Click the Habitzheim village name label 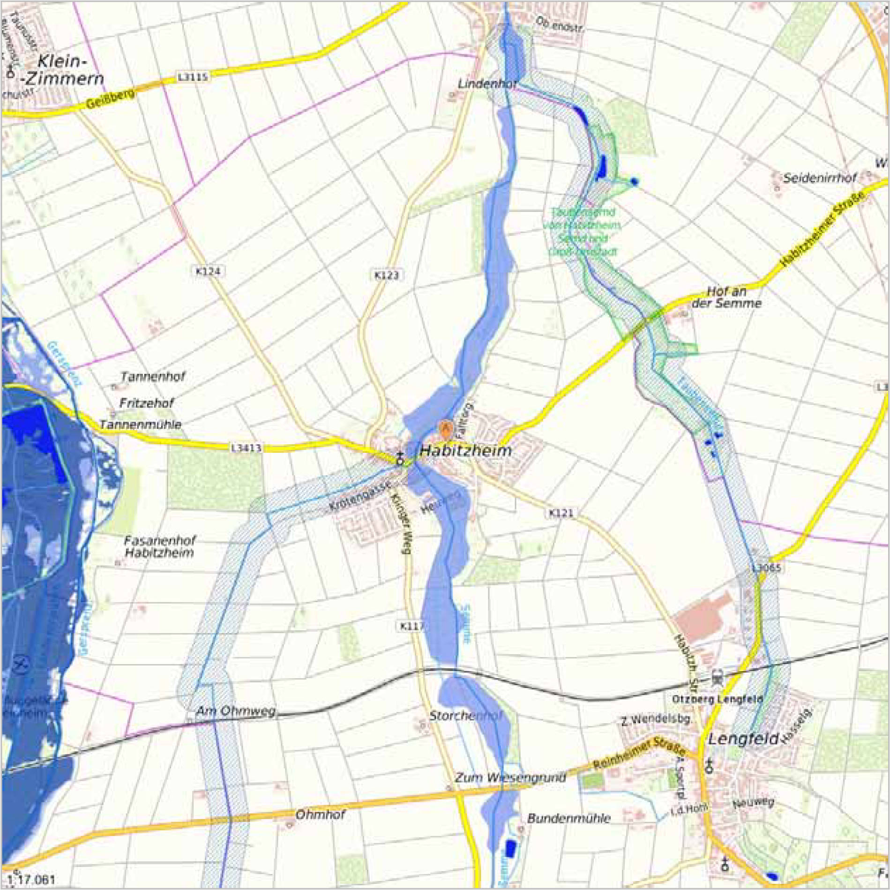click(x=465, y=451)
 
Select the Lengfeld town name click(x=743, y=739)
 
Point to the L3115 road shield click(x=193, y=77)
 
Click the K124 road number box click(x=208, y=271)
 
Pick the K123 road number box click(x=387, y=275)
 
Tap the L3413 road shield click(x=246, y=448)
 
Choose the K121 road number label click(x=561, y=513)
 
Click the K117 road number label click(x=412, y=626)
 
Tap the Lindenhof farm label click(x=487, y=84)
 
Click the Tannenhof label click(x=153, y=376)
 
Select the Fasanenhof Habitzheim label click(x=159, y=546)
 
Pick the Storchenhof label click(x=465, y=716)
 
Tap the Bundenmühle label click(x=569, y=818)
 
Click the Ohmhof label click(x=321, y=815)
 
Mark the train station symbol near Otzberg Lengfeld click(x=717, y=678)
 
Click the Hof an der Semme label click(x=726, y=297)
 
